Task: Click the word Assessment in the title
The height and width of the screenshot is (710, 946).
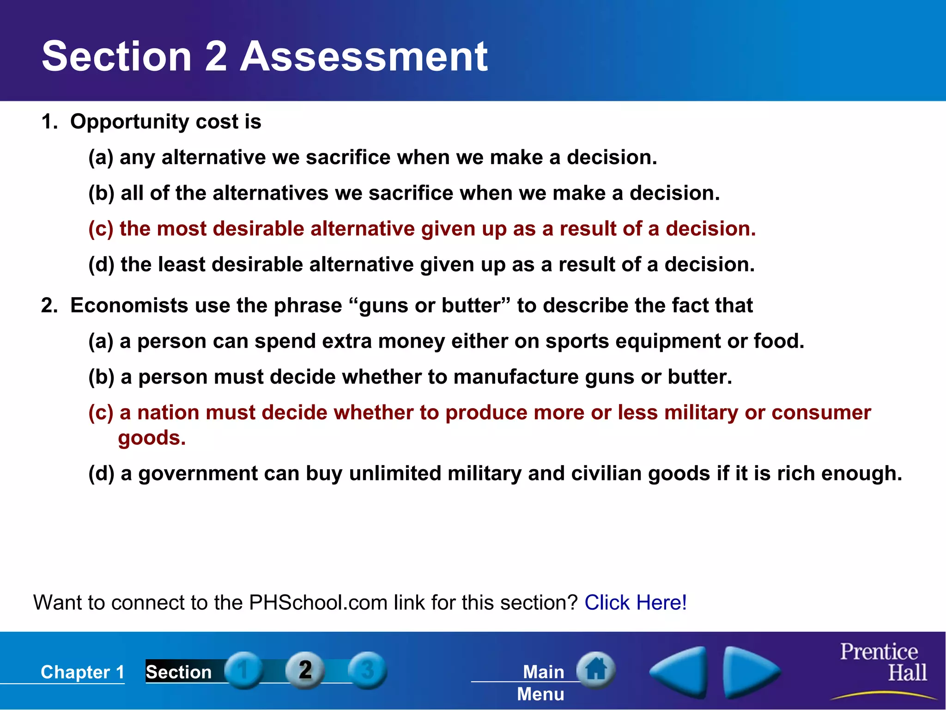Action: [364, 56]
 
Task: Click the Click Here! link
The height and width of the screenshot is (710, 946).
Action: [636, 602]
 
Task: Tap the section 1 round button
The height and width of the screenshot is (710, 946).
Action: [244, 670]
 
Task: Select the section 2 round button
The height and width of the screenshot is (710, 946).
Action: [305, 670]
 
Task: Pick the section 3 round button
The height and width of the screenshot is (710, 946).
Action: [367, 670]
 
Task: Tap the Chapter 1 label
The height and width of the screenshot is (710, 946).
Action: [83, 672]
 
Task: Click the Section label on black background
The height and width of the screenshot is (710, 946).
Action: [179, 672]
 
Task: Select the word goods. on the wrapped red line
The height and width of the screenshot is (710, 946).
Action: [152, 438]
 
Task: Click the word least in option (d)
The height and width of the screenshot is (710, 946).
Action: [182, 264]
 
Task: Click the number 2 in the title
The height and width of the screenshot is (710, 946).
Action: [215, 56]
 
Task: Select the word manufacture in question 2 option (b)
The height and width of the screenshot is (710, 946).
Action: [516, 377]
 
